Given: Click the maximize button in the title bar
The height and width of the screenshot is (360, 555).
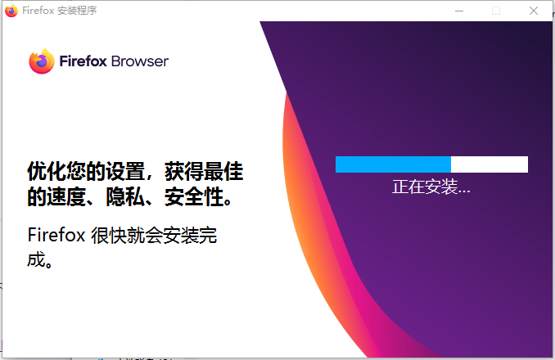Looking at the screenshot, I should coord(496,11).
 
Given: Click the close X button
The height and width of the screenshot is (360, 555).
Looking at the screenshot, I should coord(534,11).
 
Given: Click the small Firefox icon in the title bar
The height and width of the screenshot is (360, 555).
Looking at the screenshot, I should coord(11,11).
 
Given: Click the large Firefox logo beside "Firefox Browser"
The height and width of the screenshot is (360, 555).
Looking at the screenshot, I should coord(41,61).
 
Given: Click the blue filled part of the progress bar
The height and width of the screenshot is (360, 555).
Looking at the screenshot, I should coord(393,164).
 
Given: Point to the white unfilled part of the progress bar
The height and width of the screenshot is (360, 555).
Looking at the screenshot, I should coord(490,164).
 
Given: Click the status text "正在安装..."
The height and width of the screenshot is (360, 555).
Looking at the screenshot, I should coord(431,187).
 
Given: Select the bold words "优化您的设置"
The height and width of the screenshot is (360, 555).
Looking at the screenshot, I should coord(79,173).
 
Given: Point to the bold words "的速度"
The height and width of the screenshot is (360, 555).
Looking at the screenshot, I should coord(56,198).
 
